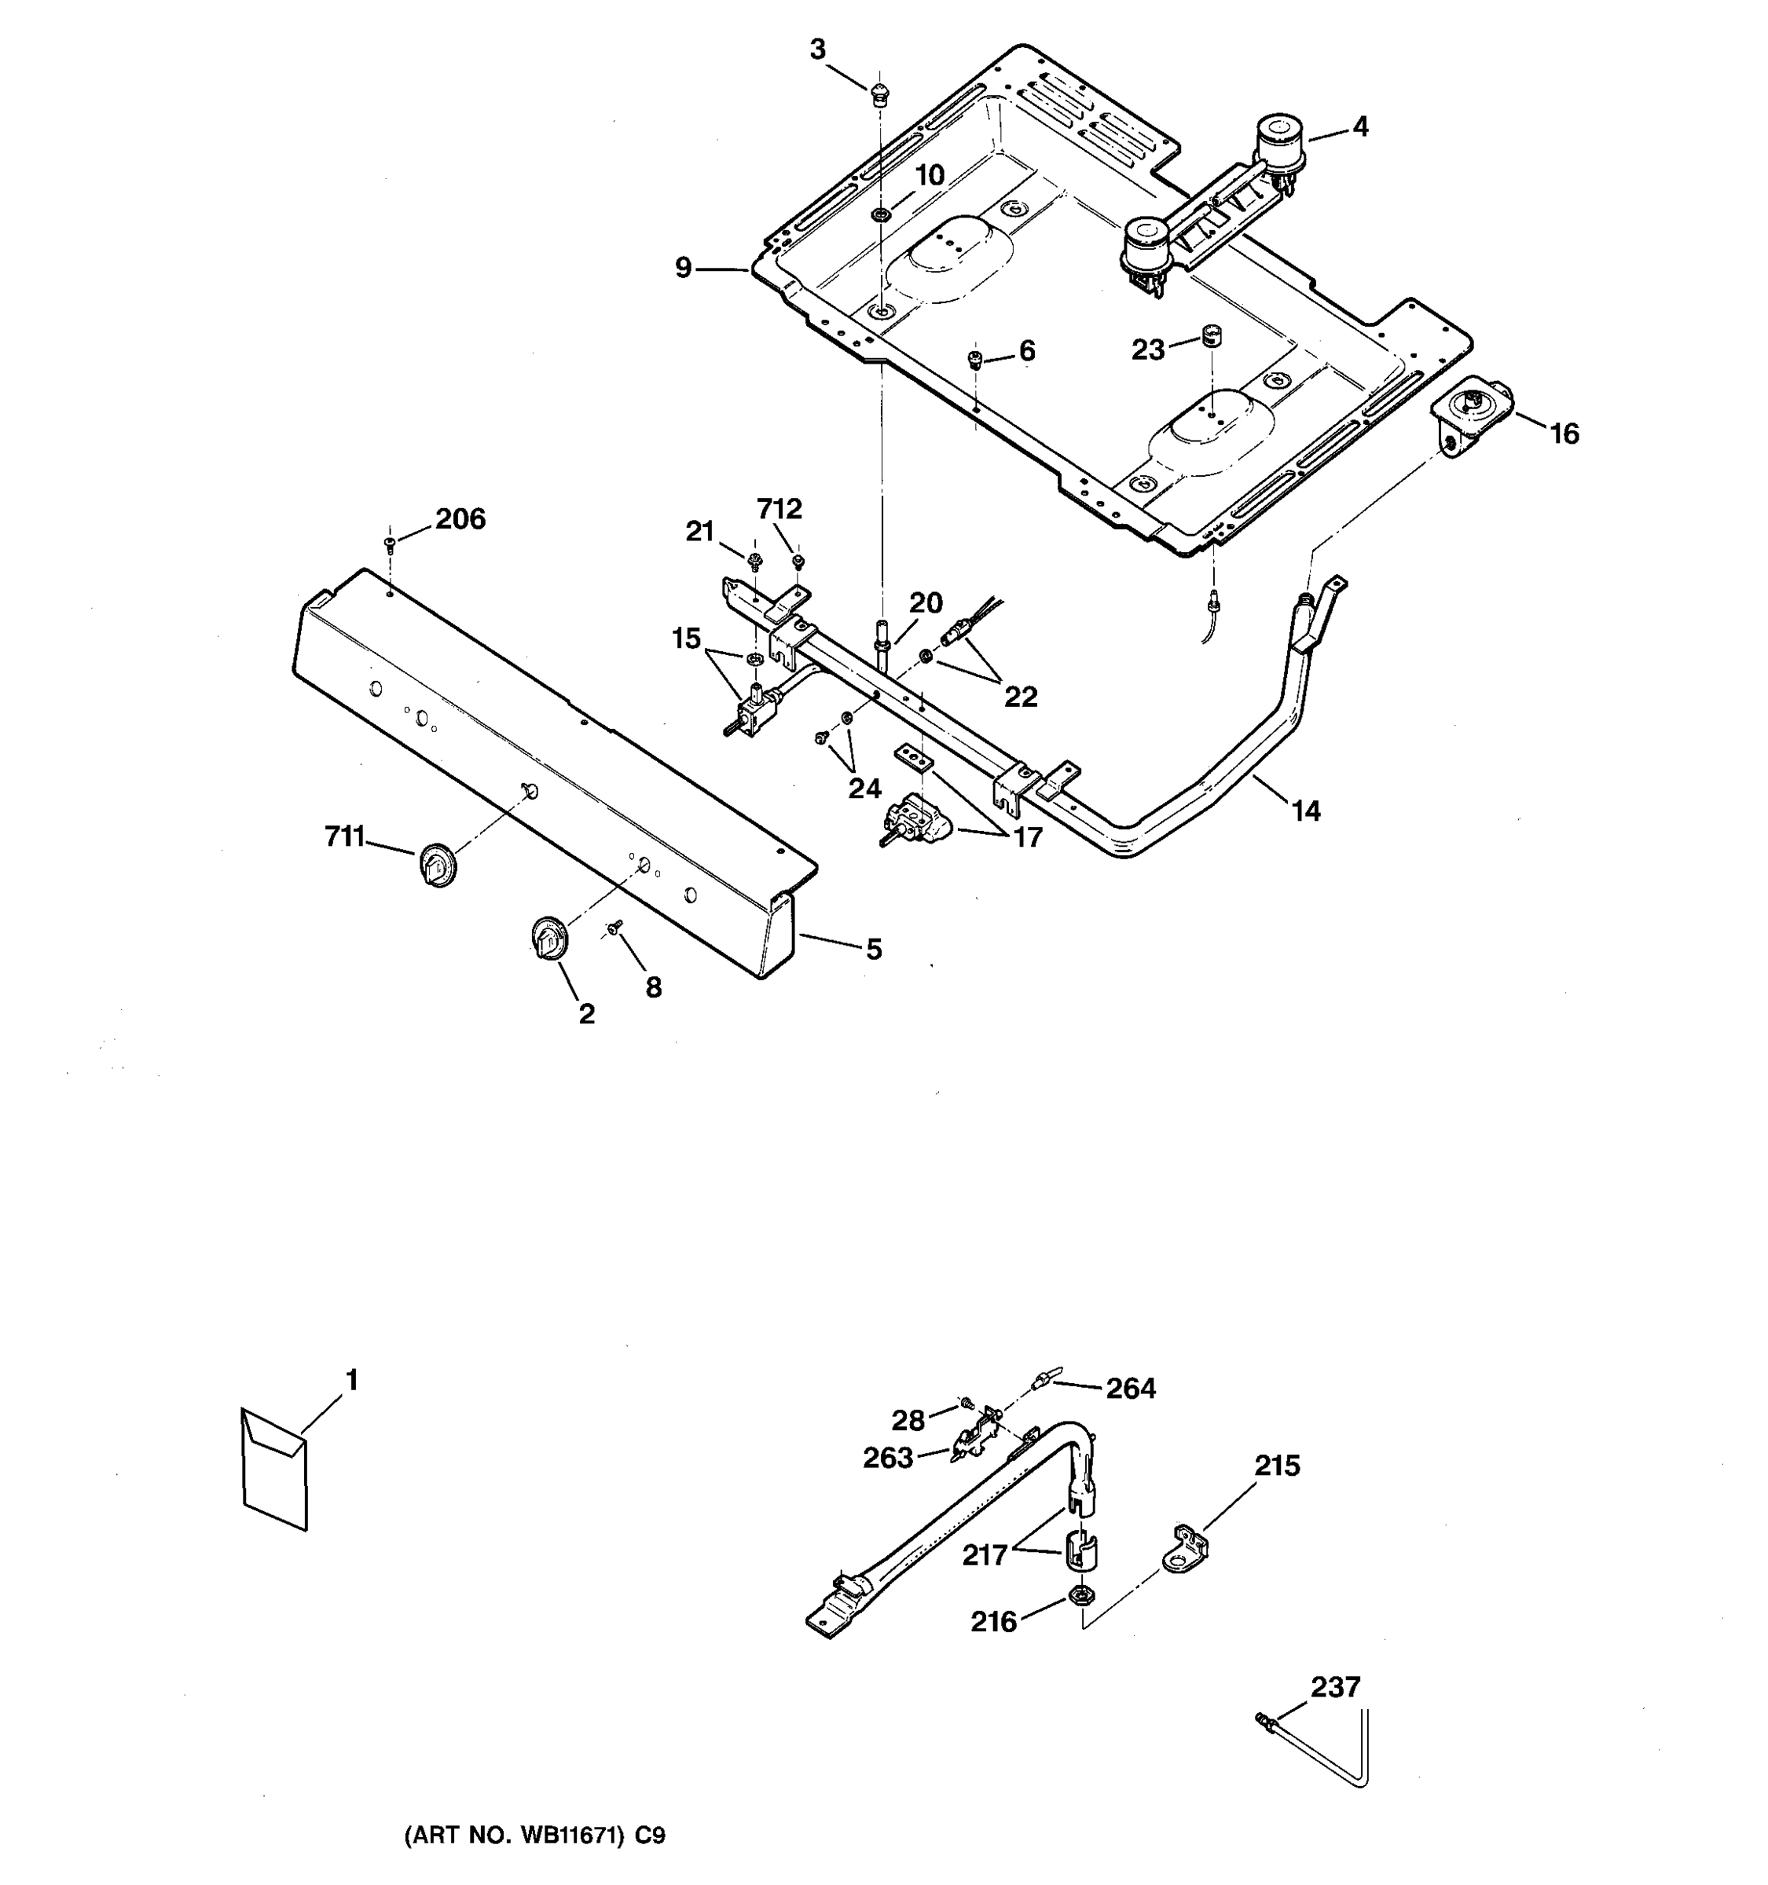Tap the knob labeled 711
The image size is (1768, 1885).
437,864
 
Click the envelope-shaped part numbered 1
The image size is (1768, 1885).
274,1469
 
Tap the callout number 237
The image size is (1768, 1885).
1334,1687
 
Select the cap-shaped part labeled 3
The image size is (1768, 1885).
879,93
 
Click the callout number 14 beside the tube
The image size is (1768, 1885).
1305,811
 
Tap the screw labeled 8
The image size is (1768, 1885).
614,926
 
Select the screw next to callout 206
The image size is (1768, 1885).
390,544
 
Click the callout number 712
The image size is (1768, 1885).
779,509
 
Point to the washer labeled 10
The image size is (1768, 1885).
881,215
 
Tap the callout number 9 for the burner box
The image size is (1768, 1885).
683,269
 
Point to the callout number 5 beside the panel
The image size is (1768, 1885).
874,948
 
